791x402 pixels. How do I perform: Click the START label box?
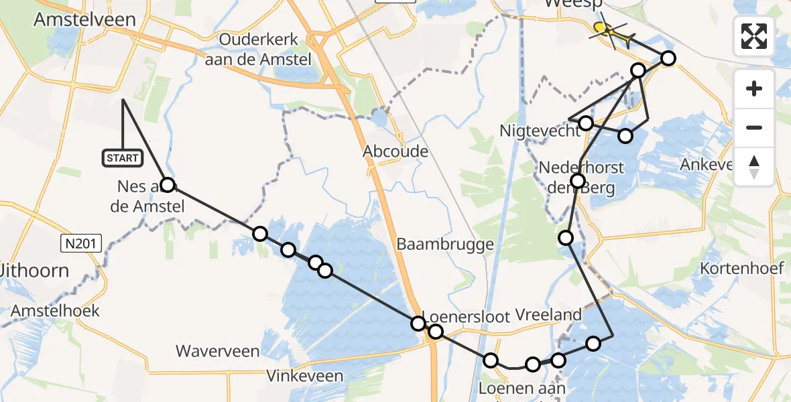(122, 158)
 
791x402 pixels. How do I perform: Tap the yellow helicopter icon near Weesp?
(610, 31)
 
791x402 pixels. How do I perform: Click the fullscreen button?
(754, 36)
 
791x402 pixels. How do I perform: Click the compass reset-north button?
(754, 167)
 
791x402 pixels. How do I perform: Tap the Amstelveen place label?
(84, 19)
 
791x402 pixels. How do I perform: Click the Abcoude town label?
(395, 151)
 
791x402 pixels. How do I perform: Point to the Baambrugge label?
(445, 245)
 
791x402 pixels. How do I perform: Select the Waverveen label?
(217, 350)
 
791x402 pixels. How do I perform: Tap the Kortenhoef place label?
(741, 269)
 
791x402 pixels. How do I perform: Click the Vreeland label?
(548, 315)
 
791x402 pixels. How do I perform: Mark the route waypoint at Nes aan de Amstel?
(168, 185)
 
